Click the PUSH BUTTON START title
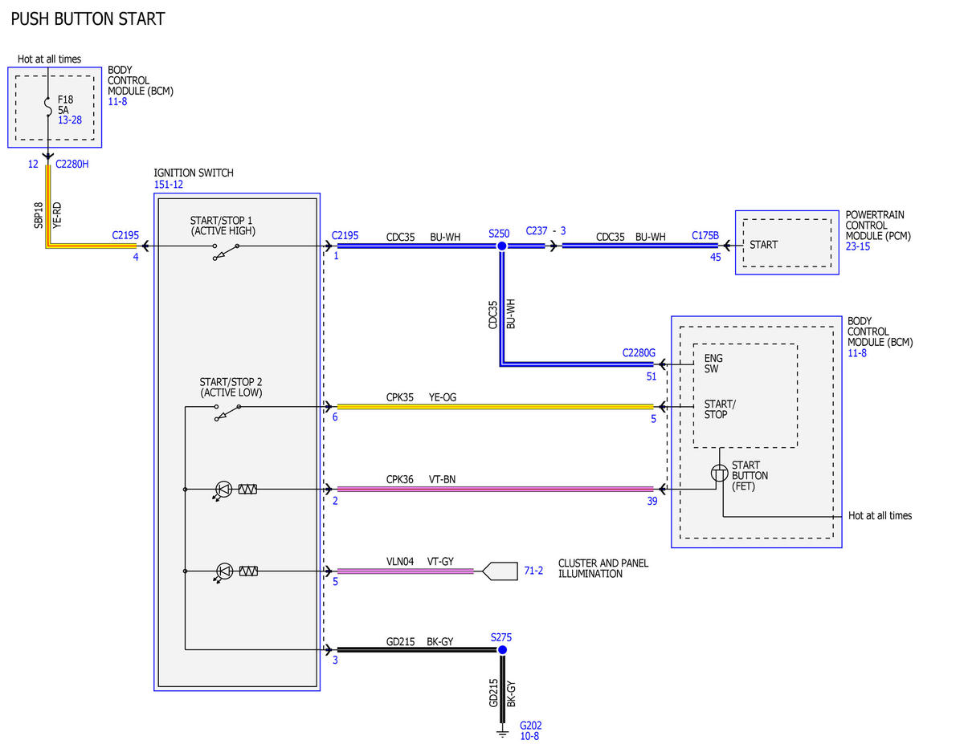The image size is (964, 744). tap(88, 19)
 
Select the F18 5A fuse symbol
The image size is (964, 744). tap(48, 108)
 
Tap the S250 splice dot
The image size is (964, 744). tap(502, 246)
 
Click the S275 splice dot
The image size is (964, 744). tap(502, 649)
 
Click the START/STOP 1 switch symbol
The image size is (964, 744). tap(227, 251)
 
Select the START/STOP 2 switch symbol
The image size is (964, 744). tap(228, 412)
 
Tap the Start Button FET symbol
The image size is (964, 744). tap(719, 473)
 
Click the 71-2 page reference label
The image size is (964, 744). tap(533, 571)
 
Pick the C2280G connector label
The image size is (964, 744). tap(639, 352)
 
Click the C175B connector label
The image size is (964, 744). tap(705, 235)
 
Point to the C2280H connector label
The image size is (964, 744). tap(71, 164)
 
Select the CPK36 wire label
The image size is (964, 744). tap(399, 479)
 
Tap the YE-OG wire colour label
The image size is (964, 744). tap(443, 397)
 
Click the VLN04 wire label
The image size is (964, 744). tap(400, 562)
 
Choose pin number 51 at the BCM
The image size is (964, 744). tap(651, 376)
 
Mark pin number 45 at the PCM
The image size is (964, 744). tap(715, 257)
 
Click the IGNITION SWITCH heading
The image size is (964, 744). tap(194, 173)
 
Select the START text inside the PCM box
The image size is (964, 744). tap(763, 245)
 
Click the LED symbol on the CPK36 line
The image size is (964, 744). tap(223, 490)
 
